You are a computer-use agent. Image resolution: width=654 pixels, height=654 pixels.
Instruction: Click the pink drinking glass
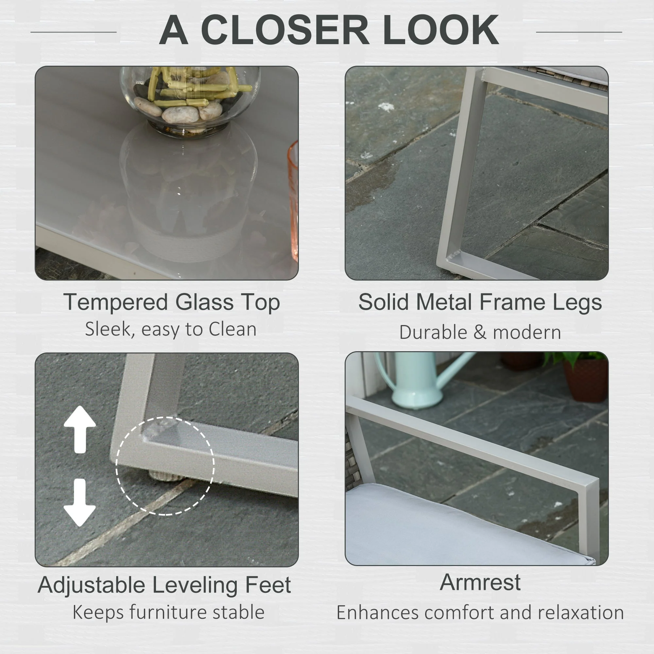tap(293, 201)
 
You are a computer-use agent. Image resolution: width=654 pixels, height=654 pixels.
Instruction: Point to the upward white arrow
tap(80, 429)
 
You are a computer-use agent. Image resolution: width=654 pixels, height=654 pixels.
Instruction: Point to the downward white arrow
tap(79, 502)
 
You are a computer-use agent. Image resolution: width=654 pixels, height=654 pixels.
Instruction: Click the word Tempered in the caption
tap(115, 302)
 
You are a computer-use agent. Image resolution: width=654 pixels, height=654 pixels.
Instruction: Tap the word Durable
tap(434, 332)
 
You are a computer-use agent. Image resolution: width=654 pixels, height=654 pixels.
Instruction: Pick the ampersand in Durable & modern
tap(480, 333)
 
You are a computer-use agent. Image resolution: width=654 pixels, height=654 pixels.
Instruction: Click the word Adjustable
tap(92, 585)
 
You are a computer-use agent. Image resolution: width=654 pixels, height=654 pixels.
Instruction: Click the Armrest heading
tap(480, 582)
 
